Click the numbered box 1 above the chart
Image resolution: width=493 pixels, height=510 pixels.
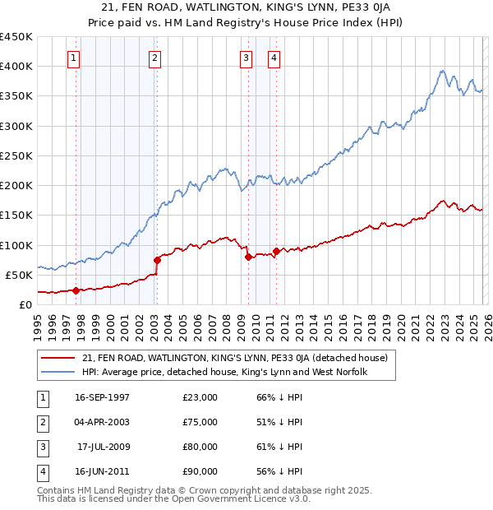75,58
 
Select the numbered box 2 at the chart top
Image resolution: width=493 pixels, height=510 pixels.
154,58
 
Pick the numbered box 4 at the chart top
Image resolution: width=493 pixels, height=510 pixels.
274,58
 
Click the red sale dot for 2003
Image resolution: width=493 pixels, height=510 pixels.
157,260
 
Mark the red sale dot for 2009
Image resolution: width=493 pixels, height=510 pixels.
248,257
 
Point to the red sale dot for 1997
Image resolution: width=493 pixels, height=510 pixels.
76,290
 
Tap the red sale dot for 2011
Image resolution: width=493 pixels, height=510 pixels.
276,251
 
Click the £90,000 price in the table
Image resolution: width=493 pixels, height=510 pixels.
200,471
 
